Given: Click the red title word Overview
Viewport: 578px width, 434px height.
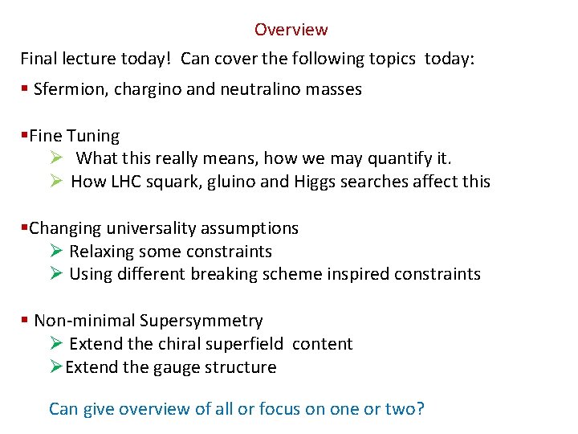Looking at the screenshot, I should (x=291, y=30).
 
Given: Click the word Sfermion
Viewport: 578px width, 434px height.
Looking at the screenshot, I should (x=67, y=89).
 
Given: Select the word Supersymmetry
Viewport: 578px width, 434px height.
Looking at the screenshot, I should (x=201, y=321).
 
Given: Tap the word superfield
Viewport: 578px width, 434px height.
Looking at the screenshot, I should (x=242, y=344).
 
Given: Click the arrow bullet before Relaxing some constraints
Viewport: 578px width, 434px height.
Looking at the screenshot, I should (x=55, y=252).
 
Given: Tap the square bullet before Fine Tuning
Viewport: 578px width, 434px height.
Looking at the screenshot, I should (x=24, y=136).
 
